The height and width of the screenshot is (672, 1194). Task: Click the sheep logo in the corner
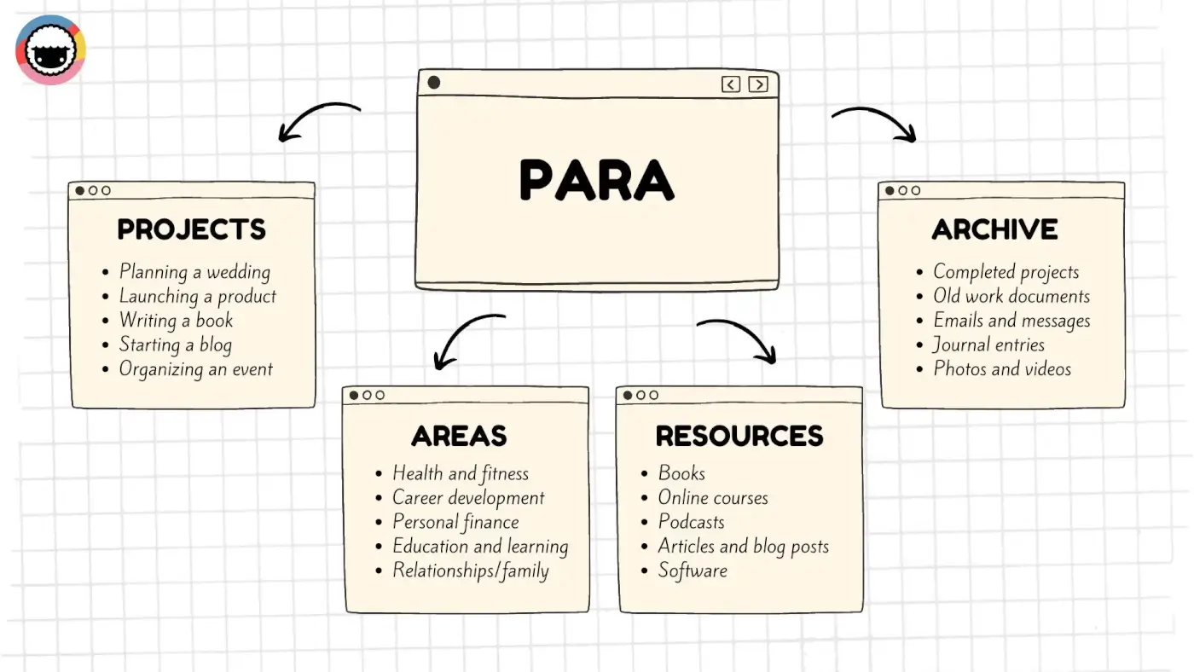[50, 49]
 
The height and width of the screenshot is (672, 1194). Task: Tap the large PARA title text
[596, 180]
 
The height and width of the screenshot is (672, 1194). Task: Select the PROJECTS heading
[192, 229]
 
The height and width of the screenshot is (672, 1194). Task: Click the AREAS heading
[459, 436]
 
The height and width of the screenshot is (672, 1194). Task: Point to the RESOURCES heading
[739, 436]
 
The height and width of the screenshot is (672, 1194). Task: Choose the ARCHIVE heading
[994, 229]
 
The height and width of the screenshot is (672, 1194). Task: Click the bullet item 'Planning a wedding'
[194, 272]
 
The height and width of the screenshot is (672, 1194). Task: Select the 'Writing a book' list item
[176, 321]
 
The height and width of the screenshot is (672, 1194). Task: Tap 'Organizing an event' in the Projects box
[195, 369]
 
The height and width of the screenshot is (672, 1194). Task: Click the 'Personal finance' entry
[455, 522]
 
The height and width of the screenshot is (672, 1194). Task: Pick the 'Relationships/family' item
[470, 571]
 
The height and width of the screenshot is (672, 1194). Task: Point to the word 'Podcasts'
[691, 522]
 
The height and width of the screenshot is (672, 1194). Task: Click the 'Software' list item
[693, 571]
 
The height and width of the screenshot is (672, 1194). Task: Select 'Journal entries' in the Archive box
[988, 345]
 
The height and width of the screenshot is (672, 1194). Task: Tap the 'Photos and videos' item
[1002, 369]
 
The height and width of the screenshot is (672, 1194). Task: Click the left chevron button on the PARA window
[731, 84]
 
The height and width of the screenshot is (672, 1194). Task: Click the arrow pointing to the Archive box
[874, 122]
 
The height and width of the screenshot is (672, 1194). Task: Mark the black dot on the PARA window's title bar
[433, 83]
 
